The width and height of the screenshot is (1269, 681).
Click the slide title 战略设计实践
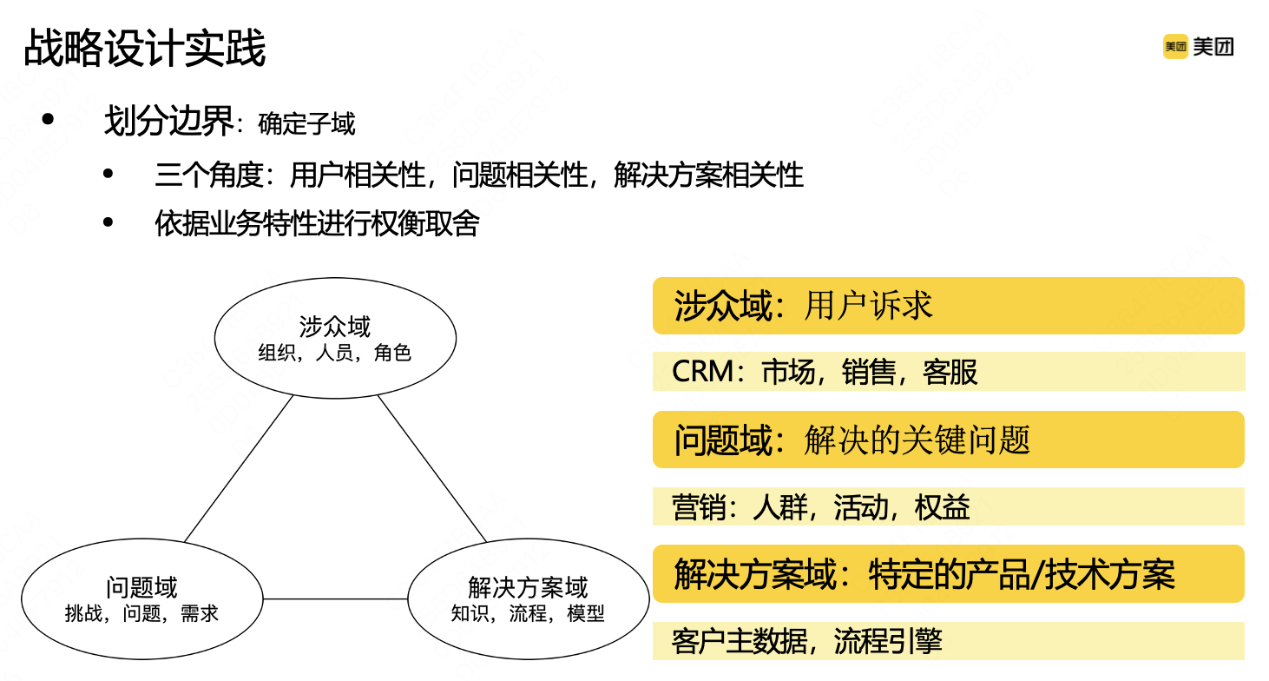144,49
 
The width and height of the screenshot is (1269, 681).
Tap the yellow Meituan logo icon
1174,47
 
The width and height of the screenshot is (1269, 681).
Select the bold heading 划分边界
168,122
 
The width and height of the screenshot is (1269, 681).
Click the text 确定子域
306,124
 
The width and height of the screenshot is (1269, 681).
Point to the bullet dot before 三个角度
108,175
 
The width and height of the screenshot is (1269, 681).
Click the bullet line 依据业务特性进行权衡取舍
317,224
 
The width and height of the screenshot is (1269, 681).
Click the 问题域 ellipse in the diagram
141,599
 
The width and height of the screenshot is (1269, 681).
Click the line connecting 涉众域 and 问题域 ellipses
239,469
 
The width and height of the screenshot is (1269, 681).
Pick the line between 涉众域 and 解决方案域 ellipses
431,469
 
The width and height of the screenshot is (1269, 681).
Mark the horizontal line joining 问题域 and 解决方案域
335,599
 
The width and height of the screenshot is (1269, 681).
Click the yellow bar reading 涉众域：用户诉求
948,306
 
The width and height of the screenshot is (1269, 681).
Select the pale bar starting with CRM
948,372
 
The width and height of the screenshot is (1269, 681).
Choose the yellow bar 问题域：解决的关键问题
948,440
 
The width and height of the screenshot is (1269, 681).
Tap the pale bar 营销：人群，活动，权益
948,506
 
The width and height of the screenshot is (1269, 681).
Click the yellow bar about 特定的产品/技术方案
948,574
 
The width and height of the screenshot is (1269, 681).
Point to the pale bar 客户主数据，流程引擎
948,641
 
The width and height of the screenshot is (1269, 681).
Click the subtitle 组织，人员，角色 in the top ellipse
335,353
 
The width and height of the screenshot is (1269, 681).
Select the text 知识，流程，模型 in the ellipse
528,613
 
